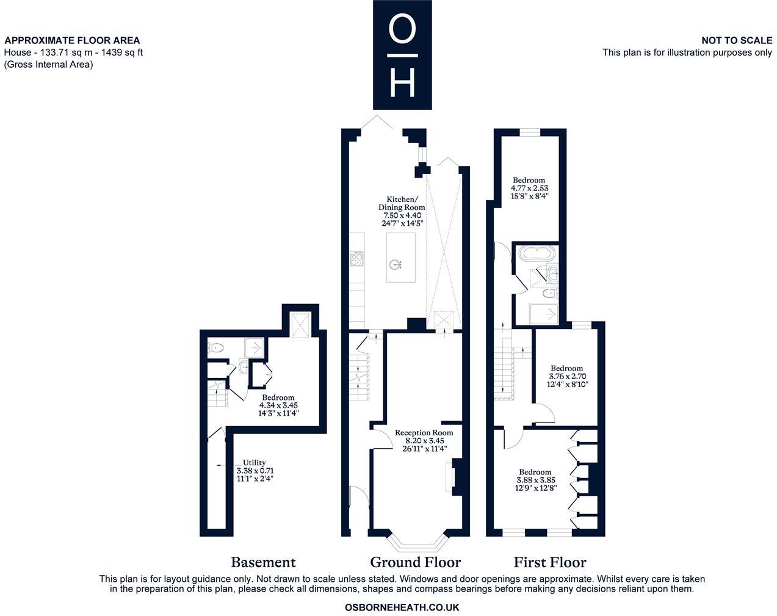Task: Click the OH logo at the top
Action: coord(402,54)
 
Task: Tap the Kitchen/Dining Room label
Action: coord(402,211)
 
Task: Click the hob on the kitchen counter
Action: coord(356,259)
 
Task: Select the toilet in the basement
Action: coord(215,348)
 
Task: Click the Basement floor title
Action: coord(263,562)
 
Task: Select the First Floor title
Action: coord(549,562)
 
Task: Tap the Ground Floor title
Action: coord(415,562)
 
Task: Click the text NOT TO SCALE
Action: coord(736,40)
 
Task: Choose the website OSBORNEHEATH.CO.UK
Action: coord(402,607)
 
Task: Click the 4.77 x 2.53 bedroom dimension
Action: coord(529,188)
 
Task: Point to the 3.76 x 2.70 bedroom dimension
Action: coord(566,377)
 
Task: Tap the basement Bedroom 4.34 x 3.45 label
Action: coord(278,405)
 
